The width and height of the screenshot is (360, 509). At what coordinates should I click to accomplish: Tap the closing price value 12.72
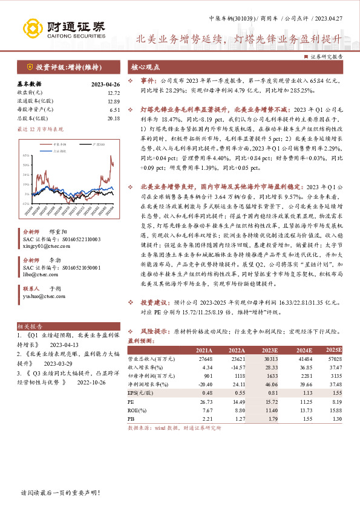(113, 92)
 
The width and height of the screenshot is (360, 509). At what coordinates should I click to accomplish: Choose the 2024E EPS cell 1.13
(301, 392)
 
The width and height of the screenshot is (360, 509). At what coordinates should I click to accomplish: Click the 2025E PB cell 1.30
(336, 418)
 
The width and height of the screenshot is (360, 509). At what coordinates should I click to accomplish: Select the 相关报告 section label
(33, 326)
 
